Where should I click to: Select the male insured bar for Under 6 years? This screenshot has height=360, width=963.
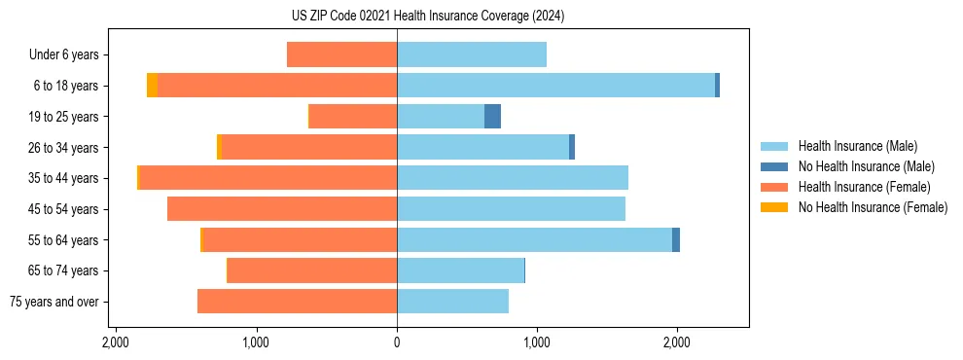pyautogui.click(x=472, y=54)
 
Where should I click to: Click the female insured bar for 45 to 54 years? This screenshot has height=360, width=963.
pyautogui.click(x=282, y=209)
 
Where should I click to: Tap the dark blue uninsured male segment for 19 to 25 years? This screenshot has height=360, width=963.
pyautogui.click(x=492, y=117)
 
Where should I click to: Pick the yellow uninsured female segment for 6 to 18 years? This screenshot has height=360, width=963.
pyautogui.click(x=152, y=86)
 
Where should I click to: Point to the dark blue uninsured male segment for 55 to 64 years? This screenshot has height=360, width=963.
pyautogui.click(x=676, y=240)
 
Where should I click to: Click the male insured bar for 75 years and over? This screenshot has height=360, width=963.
pyautogui.click(x=452, y=302)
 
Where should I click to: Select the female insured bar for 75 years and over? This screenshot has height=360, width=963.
pyautogui.click(x=297, y=302)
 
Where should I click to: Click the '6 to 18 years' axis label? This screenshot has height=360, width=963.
pyautogui.click(x=65, y=86)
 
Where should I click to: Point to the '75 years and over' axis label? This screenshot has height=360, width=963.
pyautogui.click(x=54, y=302)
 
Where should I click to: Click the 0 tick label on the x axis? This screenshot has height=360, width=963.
pyautogui.click(x=397, y=343)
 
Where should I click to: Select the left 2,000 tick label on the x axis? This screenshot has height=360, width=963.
pyautogui.click(x=116, y=343)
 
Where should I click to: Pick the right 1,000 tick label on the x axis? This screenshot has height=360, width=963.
pyautogui.click(x=537, y=343)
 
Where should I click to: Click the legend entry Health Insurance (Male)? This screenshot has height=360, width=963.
pyautogui.click(x=857, y=146)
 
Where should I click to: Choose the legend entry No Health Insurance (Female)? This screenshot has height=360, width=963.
pyautogui.click(x=873, y=207)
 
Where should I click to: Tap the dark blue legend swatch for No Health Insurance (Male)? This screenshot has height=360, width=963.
pyautogui.click(x=773, y=166)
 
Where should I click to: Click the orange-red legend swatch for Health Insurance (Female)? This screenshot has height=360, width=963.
pyautogui.click(x=773, y=187)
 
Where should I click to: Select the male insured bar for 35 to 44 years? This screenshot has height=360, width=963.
pyautogui.click(x=513, y=178)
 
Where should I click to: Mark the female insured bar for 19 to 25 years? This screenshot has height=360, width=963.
pyautogui.click(x=352, y=117)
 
